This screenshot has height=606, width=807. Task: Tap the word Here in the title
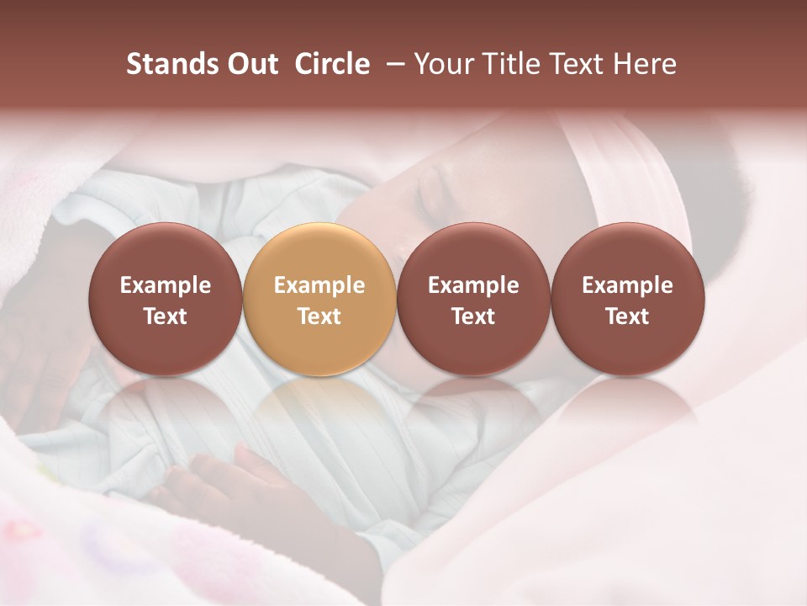pyautogui.click(x=645, y=64)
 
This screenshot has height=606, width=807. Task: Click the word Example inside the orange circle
pyautogui.click(x=319, y=285)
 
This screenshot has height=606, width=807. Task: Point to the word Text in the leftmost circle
pyautogui.click(x=165, y=316)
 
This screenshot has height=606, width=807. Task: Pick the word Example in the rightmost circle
pyautogui.click(x=627, y=285)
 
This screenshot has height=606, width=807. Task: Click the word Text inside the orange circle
pyautogui.click(x=319, y=316)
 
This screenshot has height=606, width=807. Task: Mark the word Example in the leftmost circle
pyautogui.click(x=165, y=285)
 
